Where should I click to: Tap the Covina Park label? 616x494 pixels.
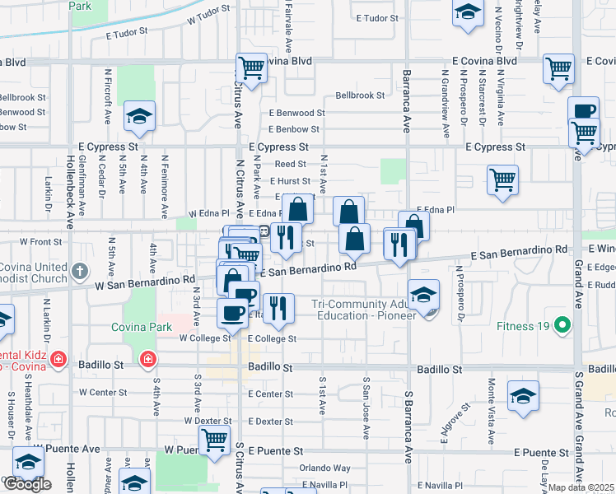point(142,327)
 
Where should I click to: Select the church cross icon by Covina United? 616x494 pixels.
point(79,270)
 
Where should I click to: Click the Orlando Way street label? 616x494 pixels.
point(325,468)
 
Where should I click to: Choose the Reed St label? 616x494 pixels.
point(291,165)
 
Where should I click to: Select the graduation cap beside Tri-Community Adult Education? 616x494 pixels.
point(423,295)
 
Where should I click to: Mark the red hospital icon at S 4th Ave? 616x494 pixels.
point(148,359)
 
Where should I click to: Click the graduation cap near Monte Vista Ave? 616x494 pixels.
point(523,395)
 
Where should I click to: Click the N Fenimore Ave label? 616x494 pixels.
point(165,175)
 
